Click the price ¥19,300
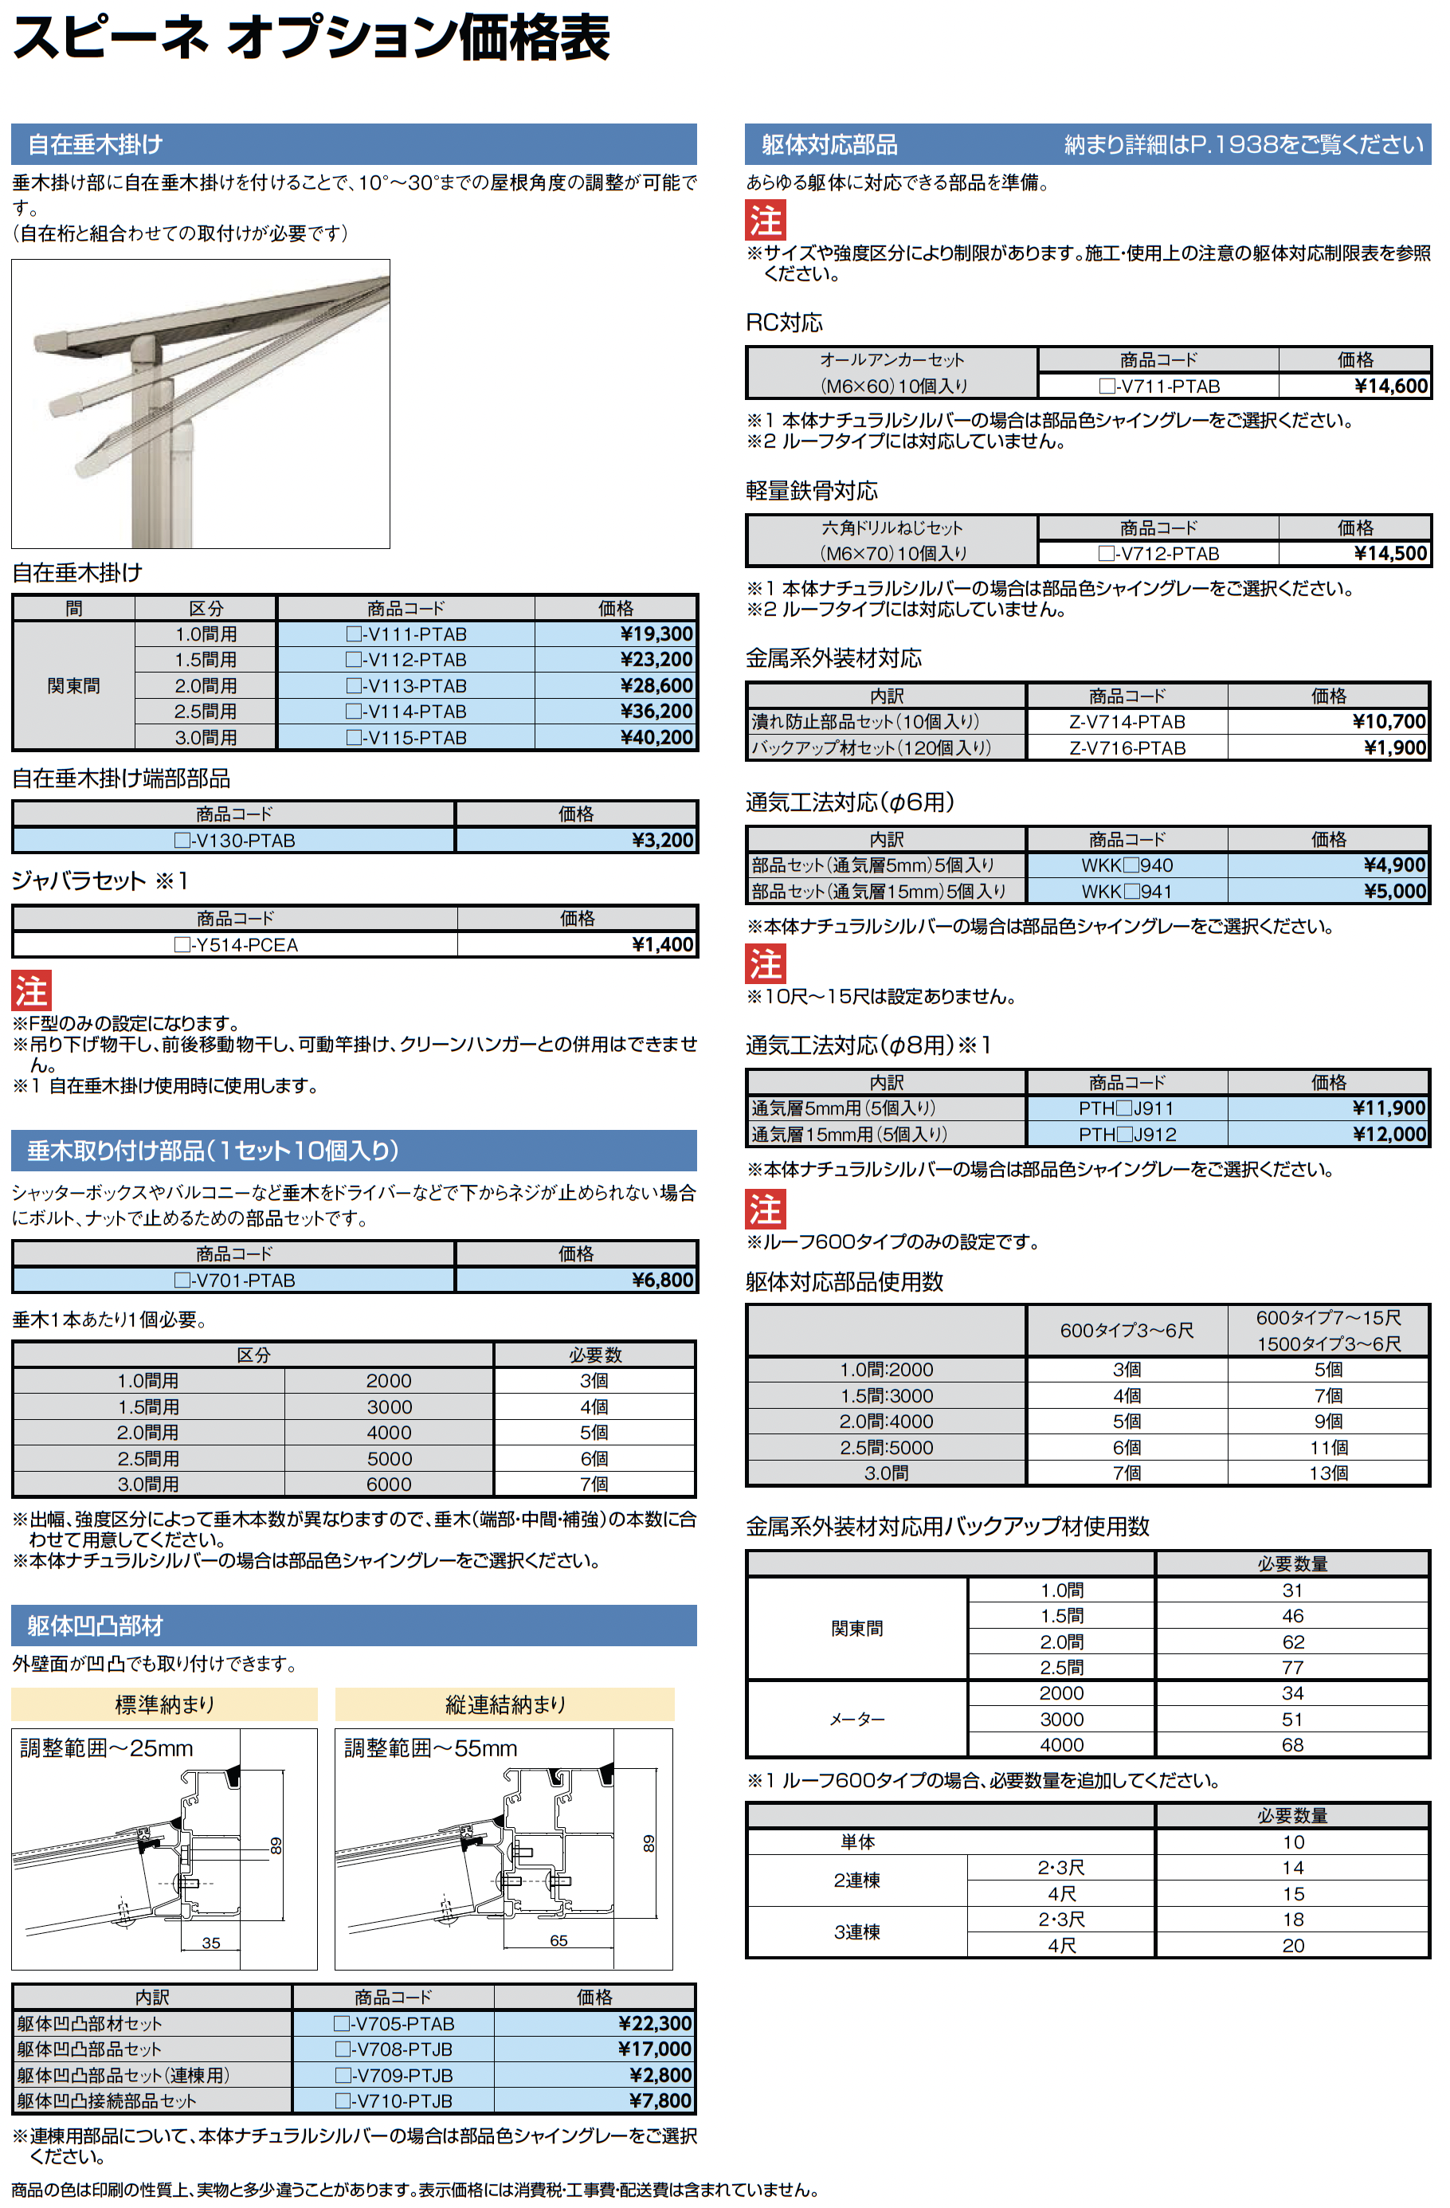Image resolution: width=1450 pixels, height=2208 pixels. [x=656, y=633]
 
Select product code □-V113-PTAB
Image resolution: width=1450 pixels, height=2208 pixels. [x=406, y=685]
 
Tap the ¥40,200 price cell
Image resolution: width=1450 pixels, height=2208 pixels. [x=656, y=738]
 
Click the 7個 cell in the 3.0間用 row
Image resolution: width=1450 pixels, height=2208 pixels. [x=594, y=1484]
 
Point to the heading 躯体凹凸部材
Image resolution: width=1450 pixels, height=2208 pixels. [x=95, y=1626]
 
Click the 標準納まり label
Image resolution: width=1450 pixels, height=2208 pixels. [x=164, y=1704]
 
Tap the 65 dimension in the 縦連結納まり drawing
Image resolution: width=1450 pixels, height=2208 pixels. [x=558, y=1940]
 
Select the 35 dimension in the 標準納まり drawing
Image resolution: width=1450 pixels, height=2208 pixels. [x=210, y=1943]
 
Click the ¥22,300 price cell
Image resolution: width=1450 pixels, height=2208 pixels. [x=654, y=2022]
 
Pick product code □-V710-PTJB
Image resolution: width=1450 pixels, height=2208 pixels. [x=394, y=2100]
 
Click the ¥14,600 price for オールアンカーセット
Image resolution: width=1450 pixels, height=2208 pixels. [x=1390, y=386]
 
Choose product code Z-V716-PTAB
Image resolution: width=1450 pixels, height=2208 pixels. [x=1127, y=747]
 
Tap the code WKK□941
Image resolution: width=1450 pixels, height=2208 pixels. [x=1127, y=892]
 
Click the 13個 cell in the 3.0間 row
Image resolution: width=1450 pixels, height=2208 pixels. [x=1328, y=1473]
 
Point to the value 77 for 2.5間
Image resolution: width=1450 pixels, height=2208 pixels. [x=1292, y=1667]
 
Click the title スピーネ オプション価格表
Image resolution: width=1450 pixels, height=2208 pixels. [x=311, y=39]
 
